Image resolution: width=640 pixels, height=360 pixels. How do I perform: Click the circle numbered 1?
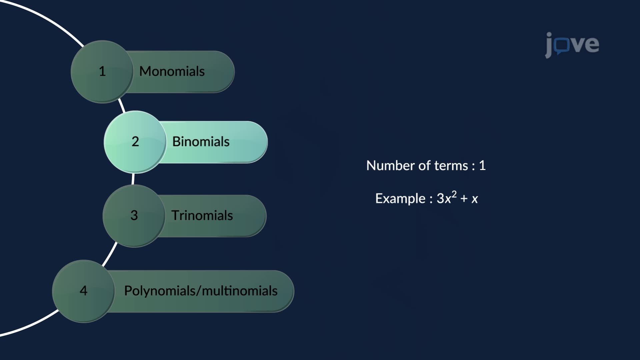point(102,72)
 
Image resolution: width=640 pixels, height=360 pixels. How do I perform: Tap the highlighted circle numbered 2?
point(135,142)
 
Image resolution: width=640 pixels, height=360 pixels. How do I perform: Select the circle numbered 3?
point(134,216)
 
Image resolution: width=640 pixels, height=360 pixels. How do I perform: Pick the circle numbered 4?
point(83,291)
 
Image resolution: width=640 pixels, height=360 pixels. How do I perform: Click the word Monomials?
point(172,71)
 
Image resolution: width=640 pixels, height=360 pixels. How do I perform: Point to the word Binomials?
point(201,142)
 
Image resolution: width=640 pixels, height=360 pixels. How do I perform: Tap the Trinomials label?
point(202,216)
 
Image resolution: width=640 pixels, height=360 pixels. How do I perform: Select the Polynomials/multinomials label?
point(201,291)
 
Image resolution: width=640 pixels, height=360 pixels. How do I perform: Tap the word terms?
point(451,166)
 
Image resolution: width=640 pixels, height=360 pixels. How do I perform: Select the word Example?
point(400,199)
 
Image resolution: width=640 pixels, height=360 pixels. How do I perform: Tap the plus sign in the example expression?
point(464,199)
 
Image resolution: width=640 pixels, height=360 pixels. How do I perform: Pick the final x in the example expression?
point(475,199)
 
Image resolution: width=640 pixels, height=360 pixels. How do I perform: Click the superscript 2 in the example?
point(454,194)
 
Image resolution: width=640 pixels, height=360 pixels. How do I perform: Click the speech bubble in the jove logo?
point(562,46)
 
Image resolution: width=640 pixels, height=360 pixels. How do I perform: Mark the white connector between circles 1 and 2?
point(122,106)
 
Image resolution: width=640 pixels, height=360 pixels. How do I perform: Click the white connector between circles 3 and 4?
point(110,254)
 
